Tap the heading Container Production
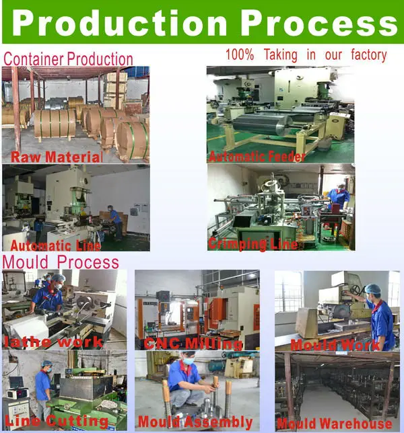tap(68, 59)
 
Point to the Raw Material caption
tap(56, 157)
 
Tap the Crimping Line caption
tap(252, 244)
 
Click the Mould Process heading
tap(61, 262)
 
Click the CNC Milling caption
tap(193, 344)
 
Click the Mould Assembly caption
tap(195, 423)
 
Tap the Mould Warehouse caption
tap(335, 424)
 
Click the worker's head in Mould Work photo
tap(372, 290)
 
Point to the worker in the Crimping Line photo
tap(339, 196)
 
